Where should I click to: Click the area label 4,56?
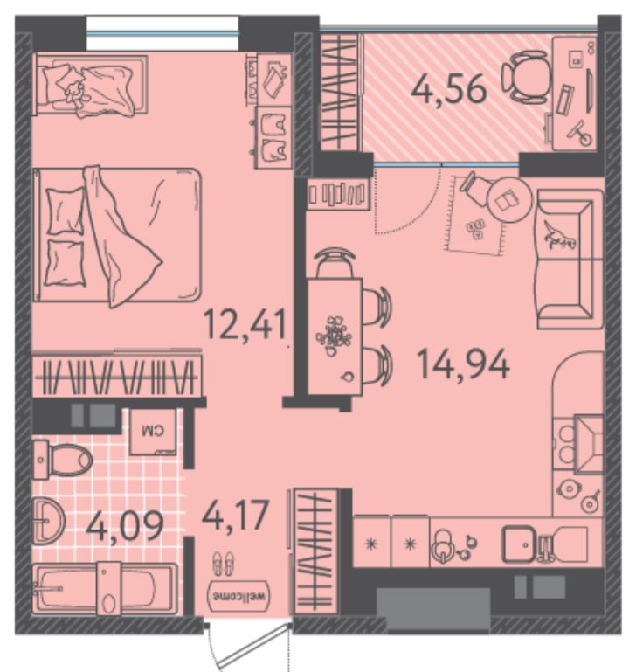coord(448,89)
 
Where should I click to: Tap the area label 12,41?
coord(245,324)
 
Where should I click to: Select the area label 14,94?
coord(463,364)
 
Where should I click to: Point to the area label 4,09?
coord(125,526)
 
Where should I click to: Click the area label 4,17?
coord(235,515)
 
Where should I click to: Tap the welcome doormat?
coord(238,596)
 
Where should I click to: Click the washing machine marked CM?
coord(153,432)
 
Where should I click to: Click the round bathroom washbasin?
coord(48,521)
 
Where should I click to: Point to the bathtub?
coord(105,588)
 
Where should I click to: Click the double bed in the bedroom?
coord(117,236)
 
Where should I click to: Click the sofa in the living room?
coord(570,260)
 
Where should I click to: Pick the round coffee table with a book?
coord(510,199)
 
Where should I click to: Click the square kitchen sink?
coord(520,544)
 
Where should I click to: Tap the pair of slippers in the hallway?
coord(224,563)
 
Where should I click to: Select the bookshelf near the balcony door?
coord(339,194)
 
